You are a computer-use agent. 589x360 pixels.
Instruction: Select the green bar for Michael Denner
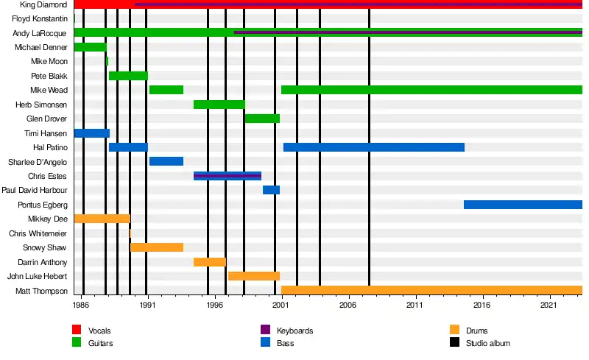coord(90,47)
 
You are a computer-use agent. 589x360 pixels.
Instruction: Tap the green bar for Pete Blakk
coord(128,76)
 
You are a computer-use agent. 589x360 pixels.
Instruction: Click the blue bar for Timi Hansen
coord(91,133)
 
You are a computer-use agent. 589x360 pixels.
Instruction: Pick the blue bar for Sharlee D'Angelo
coord(166,161)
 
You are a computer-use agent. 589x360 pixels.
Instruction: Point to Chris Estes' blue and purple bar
coord(228,176)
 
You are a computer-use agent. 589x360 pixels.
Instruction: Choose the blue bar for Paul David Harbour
coord(271,190)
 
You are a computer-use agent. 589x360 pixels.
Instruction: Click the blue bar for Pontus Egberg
coord(523,205)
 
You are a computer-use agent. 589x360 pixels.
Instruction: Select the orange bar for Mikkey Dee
coord(102,219)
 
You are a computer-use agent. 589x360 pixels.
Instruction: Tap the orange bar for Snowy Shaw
coord(157,247)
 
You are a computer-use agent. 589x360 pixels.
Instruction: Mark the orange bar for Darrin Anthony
coord(210,262)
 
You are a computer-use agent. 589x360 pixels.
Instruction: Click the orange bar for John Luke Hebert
coord(254,276)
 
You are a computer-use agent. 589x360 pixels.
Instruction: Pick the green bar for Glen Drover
coord(262,119)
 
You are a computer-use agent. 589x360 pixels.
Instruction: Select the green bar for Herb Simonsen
coord(219,105)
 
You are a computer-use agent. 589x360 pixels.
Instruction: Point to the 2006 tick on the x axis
coord(348,296)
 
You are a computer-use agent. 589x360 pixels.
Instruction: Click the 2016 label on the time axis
coord(482,304)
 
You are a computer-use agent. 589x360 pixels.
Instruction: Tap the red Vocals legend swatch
coord(77,330)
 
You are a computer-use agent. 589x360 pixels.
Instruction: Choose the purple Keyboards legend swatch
coord(266,330)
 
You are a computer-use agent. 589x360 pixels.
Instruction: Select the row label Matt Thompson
coord(41,291)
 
